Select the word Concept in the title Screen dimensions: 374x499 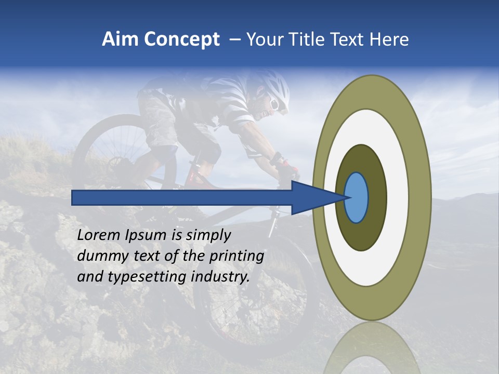pos(181,39)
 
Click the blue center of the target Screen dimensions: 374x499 pos(356,197)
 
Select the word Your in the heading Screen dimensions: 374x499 pos(263,39)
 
